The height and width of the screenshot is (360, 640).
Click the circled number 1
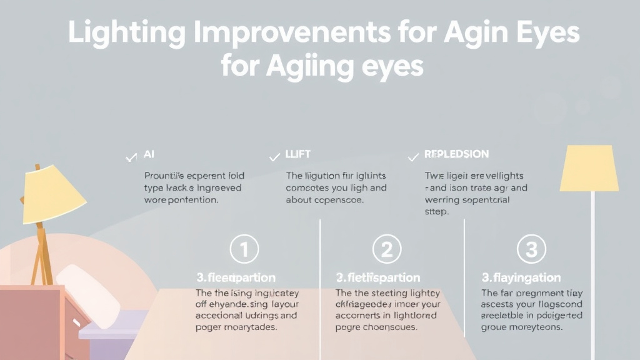click(244, 250)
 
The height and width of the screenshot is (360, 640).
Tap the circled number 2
click(386, 250)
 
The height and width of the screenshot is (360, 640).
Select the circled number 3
click(531, 250)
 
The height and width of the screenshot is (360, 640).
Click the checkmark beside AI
click(131, 157)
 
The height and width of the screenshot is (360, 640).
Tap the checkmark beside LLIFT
click(274, 157)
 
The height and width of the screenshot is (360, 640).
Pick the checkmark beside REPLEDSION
click(412, 157)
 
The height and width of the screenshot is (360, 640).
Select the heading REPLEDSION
click(457, 154)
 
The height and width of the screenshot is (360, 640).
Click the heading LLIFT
click(298, 154)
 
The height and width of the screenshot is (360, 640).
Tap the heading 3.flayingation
click(521, 277)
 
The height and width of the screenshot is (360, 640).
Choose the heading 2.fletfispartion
click(377, 277)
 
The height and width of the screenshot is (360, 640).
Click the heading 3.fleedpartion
click(236, 277)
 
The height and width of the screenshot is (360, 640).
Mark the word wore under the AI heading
click(156, 200)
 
